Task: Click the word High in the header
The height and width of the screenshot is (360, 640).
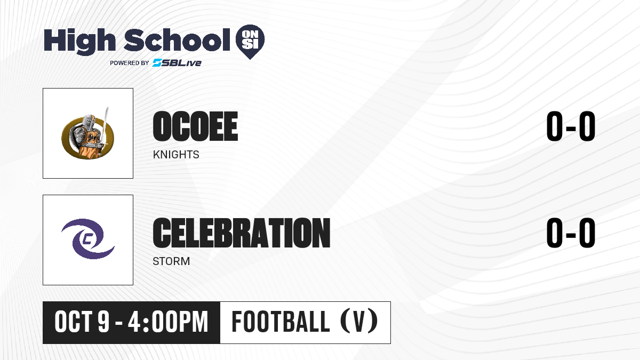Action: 79,41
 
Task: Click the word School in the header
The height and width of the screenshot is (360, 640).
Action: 177,40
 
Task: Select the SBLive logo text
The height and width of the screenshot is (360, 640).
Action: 177,63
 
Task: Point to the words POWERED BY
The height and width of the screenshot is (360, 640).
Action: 130,63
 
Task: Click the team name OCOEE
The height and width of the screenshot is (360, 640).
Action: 195,126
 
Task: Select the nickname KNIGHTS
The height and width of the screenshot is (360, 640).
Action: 176,155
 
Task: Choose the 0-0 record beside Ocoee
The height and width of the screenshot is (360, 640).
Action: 571,126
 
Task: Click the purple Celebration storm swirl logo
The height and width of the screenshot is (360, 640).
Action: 88,239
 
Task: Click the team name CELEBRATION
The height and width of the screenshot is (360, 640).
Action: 242,233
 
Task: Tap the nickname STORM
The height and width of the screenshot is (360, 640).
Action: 171,261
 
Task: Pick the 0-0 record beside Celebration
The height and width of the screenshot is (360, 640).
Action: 571,233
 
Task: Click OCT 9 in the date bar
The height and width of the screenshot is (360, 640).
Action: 82,322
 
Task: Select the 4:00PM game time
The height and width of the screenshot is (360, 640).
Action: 168,322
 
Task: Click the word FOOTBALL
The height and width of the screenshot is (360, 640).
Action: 281,322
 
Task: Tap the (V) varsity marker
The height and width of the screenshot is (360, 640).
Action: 359,322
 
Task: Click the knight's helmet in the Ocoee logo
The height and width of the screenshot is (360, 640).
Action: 90,122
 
